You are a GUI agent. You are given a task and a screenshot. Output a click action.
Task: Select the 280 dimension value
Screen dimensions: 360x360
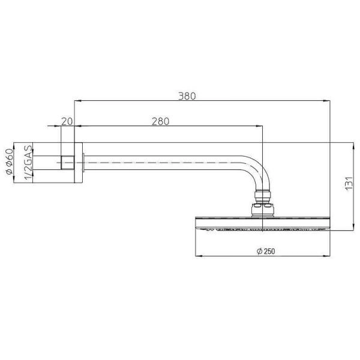161,121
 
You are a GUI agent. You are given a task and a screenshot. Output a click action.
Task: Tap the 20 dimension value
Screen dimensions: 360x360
67,121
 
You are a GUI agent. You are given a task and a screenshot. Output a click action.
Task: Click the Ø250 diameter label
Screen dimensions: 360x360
264,251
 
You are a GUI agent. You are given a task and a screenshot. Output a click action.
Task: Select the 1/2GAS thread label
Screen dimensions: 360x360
27,162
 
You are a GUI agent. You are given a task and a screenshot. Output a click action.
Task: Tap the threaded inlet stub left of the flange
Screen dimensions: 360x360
67,161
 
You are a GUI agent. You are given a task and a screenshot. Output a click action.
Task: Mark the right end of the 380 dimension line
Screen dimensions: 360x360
329,101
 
